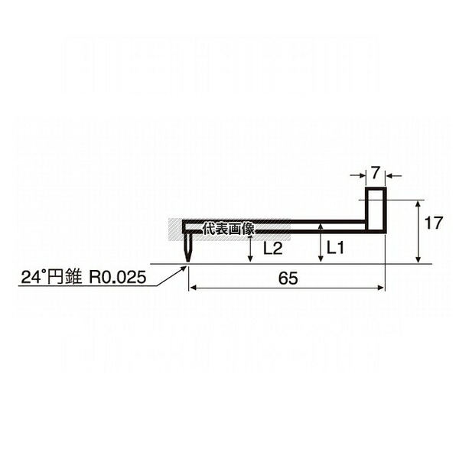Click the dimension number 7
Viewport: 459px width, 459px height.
[376, 173]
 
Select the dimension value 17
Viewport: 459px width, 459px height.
[434, 223]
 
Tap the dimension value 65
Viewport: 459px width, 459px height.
[288, 278]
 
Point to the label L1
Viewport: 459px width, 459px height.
[336, 249]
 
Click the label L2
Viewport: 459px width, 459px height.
[273, 249]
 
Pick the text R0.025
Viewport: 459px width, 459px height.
[118, 277]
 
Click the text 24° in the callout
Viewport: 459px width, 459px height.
[32, 277]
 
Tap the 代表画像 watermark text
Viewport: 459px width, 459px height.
[229, 229]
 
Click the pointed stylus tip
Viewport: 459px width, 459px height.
[187, 262]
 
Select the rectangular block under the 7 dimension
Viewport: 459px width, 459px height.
[376, 210]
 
